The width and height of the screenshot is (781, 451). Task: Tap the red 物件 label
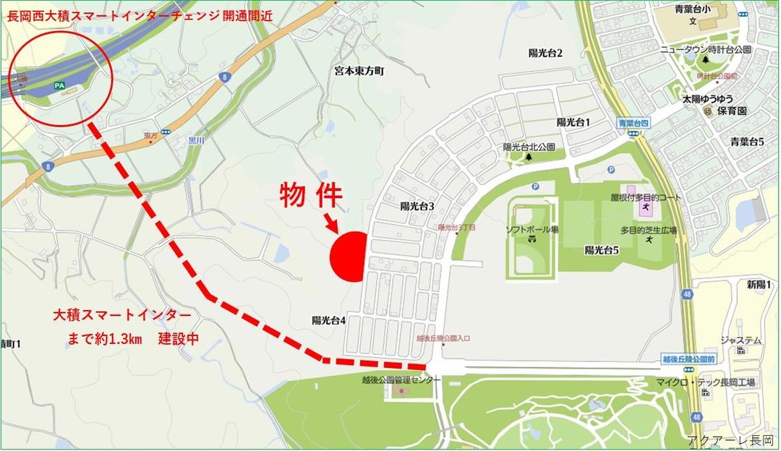pos(311,195)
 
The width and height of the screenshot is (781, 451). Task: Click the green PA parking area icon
pos(59,86)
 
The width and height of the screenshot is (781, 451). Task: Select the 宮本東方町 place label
pos(360,71)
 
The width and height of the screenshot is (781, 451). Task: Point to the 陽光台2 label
pos(545,53)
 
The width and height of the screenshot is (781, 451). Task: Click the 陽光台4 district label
pos(329,320)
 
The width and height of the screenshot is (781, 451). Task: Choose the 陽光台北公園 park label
pos(529,147)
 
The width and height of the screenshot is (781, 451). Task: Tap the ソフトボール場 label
pos(532,229)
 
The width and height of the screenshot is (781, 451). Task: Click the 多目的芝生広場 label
pos(649,230)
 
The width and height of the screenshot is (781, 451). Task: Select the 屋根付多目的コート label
pos(646,197)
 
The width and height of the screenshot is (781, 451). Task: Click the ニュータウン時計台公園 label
pos(706,50)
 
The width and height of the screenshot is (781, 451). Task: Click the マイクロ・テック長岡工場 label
pos(695,382)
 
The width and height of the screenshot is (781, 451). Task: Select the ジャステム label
pos(740,340)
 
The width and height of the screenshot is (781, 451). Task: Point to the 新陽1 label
pos(759,285)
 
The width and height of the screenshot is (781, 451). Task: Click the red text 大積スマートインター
pos(122,315)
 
